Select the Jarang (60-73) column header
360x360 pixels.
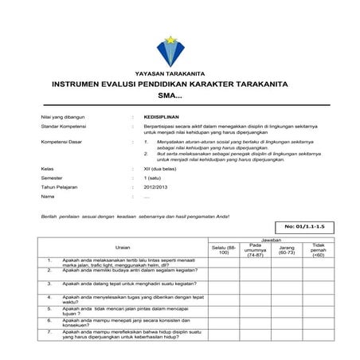287,248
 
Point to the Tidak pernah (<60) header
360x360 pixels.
319,249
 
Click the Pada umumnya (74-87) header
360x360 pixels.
255,249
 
